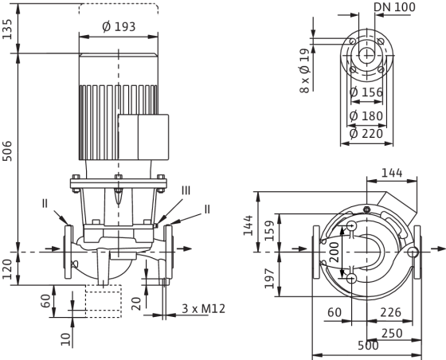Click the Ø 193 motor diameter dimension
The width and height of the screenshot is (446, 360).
coord(119,27)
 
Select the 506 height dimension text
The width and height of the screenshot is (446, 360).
coord(7,151)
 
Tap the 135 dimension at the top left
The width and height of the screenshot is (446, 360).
coord(7,29)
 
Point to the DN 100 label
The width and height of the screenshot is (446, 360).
coord(394,7)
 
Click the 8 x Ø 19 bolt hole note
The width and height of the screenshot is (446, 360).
coord(304,71)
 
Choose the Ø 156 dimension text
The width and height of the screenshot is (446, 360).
coord(366,92)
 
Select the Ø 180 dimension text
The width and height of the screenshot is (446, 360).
coord(366,115)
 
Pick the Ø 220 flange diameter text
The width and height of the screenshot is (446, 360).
coord(366,133)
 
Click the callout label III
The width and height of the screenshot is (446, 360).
coord(186,190)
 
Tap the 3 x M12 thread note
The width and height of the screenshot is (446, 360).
coord(203,308)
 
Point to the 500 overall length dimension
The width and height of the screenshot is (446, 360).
coord(368,346)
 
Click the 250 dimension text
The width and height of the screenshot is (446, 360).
coord(392,333)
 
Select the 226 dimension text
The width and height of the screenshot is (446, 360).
coord(390,312)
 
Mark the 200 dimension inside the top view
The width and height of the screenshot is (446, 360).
coord(334,252)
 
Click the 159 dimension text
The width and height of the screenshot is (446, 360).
coord(270,231)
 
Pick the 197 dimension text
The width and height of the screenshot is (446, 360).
coord(270,279)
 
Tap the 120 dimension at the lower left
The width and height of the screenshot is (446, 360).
coord(7,269)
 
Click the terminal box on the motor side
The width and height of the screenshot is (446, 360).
coord(143,137)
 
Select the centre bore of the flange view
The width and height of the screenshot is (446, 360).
coord(366,55)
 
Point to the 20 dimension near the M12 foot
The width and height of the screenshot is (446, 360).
coord(137,303)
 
